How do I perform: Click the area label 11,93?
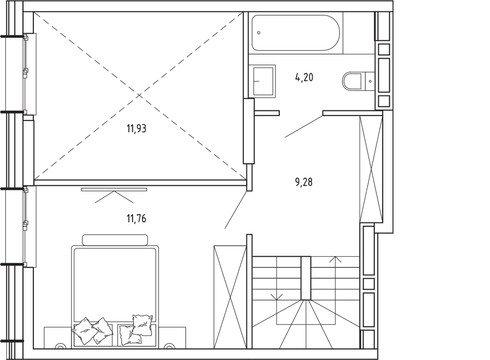click(136, 128)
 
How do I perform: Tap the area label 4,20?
click(304, 77)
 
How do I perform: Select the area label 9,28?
click(304, 182)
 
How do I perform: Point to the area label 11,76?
click(136, 218)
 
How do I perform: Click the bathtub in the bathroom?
click(295, 33)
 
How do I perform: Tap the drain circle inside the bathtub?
click(259, 33)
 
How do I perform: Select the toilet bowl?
click(352, 81)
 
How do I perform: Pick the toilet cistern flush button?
click(370, 81)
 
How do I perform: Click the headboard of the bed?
click(115, 240)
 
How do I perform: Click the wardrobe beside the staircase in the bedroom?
click(230, 297)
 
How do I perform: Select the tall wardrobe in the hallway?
click(371, 169)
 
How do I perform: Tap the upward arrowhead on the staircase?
click(335, 259)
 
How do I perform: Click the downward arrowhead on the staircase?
click(276, 297)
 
